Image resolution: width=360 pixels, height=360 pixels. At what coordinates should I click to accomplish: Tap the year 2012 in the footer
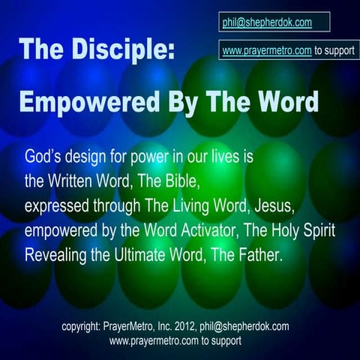click(x=194, y=327)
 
